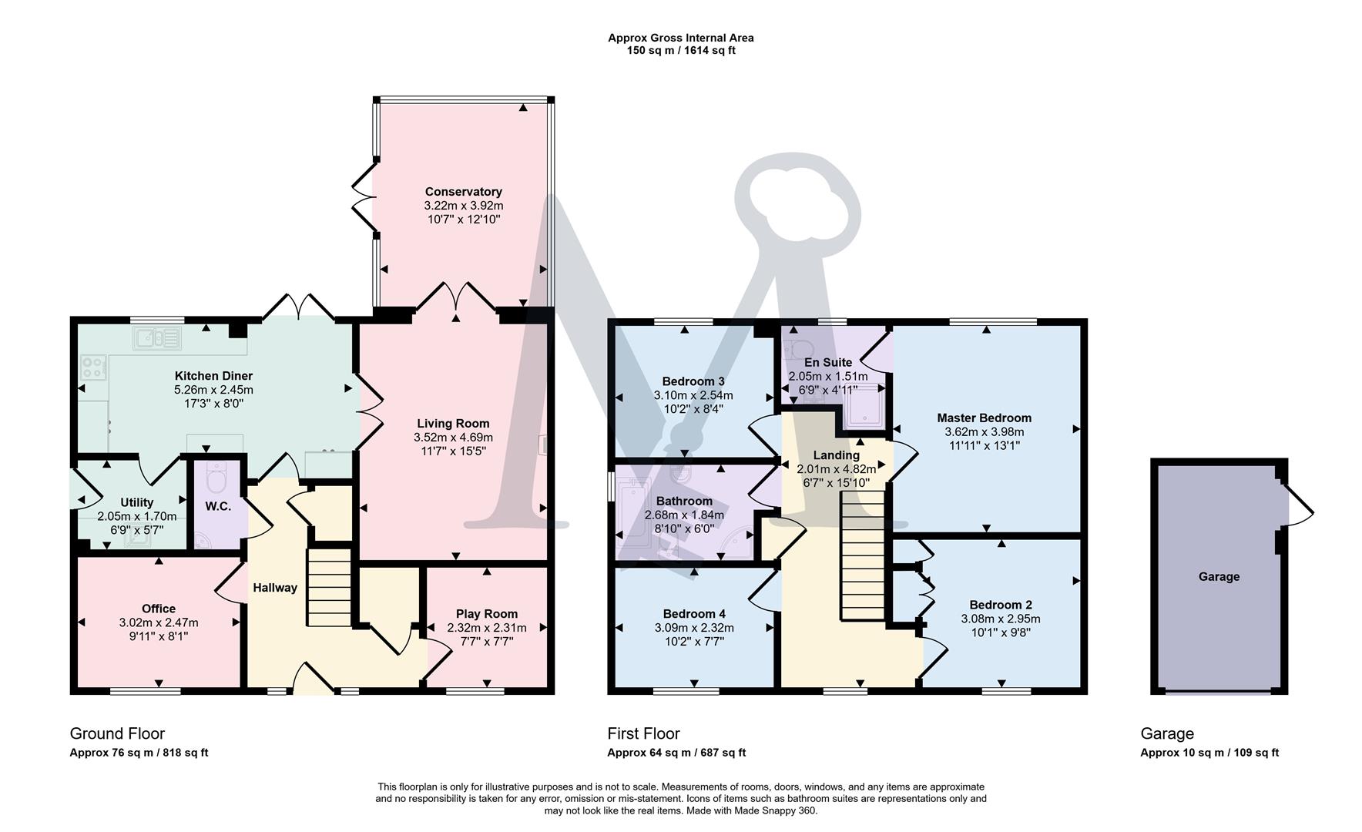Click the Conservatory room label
coord(463,192)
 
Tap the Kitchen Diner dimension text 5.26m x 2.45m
coord(213,390)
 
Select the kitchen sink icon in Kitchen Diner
coord(157,337)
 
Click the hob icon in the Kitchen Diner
coord(94,367)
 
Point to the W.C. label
coord(218,506)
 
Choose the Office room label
coord(158,609)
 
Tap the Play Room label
coord(486,614)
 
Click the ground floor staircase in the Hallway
coord(330,588)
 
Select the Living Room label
coord(453,423)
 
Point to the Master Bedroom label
coord(984,418)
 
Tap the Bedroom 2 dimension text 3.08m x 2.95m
coord(1000,619)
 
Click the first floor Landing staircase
coord(862,556)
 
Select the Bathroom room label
coord(684,501)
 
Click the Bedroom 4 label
coord(694,614)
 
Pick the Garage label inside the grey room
coord(1219,576)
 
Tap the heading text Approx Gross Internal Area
coord(680,38)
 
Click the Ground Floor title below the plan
coord(117,733)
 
